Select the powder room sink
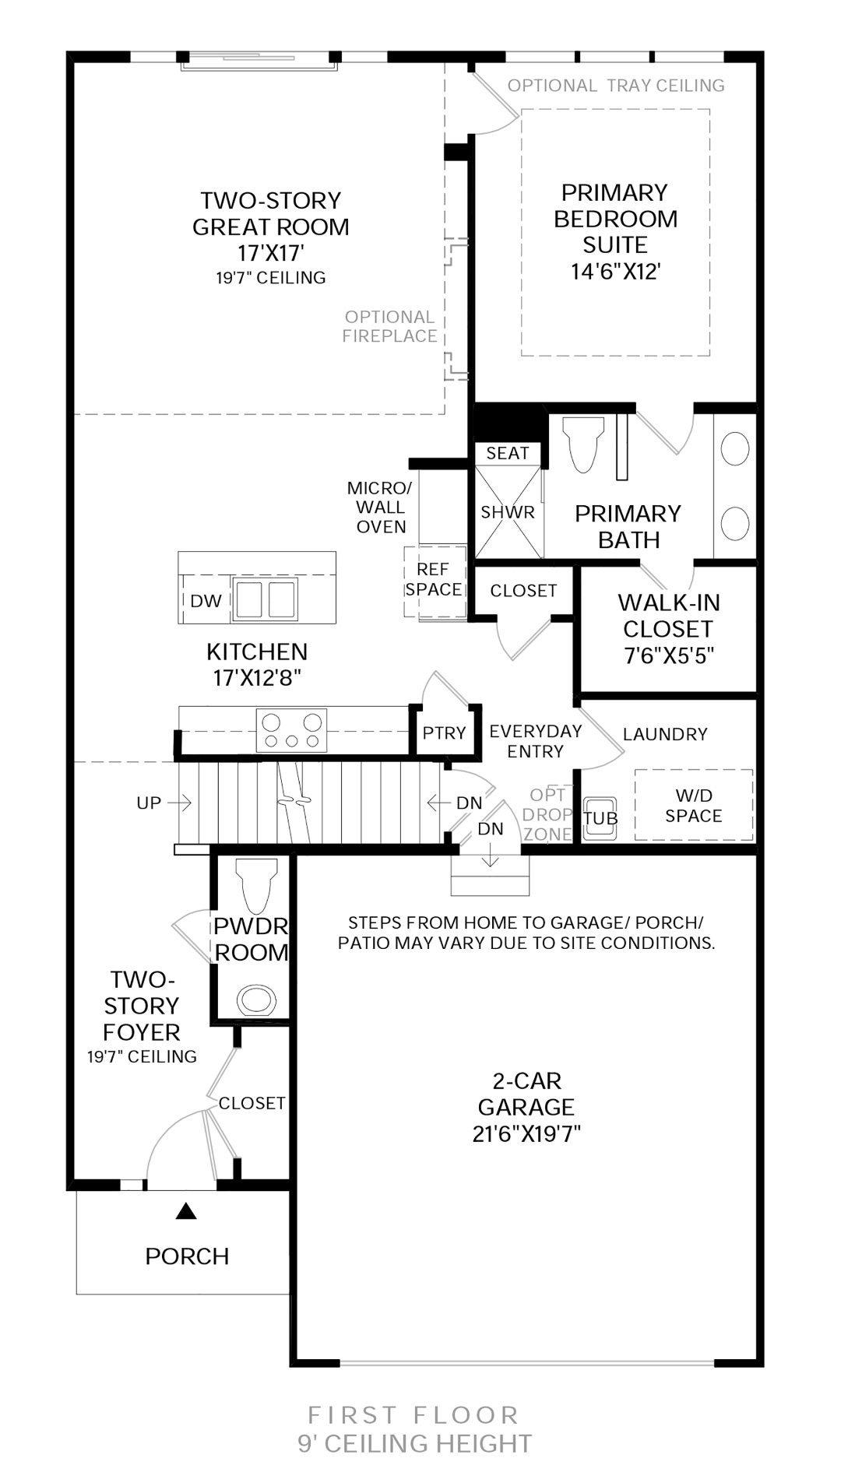point(256,999)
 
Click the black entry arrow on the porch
point(185,1210)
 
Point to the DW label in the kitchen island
point(206,601)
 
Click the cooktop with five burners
point(292,731)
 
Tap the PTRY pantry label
point(444,732)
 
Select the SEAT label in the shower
point(508,453)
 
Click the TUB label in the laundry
point(600,818)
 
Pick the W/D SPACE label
point(694,806)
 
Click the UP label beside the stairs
point(149,803)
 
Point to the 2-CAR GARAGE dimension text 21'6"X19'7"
point(526,1133)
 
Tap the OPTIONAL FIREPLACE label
point(390,326)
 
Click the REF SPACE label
point(434,580)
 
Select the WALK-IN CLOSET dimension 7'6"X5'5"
point(669,655)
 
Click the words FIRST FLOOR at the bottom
point(413,1414)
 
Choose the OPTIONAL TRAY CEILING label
point(616,86)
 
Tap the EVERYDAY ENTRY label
point(536,741)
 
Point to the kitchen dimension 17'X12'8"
point(257,678)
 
